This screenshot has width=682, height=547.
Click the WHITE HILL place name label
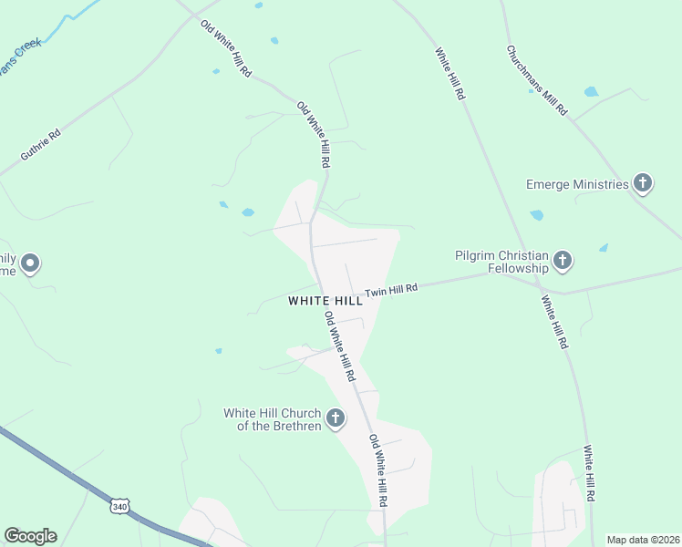324,300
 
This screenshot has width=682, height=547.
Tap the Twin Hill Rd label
391,291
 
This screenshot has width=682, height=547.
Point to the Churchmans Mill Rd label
537,80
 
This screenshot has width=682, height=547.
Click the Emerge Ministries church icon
643,184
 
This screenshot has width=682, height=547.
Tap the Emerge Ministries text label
577,184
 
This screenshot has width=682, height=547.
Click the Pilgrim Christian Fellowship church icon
563,262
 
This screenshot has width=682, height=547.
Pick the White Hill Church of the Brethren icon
336,419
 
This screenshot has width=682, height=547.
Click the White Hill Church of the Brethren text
273,419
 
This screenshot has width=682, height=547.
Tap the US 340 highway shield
119,505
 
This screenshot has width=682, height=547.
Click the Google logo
30,536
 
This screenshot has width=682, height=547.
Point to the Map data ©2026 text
642,540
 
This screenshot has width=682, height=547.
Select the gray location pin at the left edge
30,264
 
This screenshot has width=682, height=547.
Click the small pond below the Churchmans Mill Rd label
591,92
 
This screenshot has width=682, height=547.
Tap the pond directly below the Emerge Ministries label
536,215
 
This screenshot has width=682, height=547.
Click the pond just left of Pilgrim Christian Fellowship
604,247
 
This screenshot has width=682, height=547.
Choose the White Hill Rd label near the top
450,73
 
